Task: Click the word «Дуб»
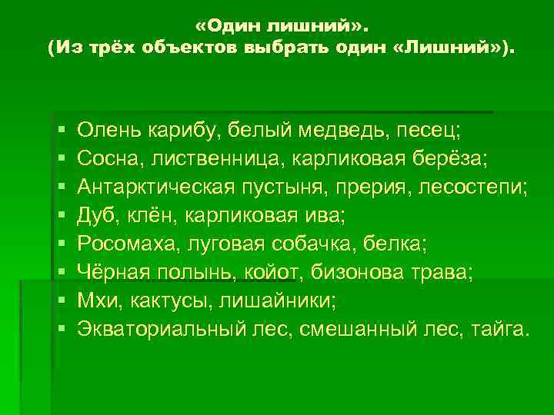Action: [x=96, y=215]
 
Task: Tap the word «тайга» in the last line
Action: [x=500, y=330]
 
